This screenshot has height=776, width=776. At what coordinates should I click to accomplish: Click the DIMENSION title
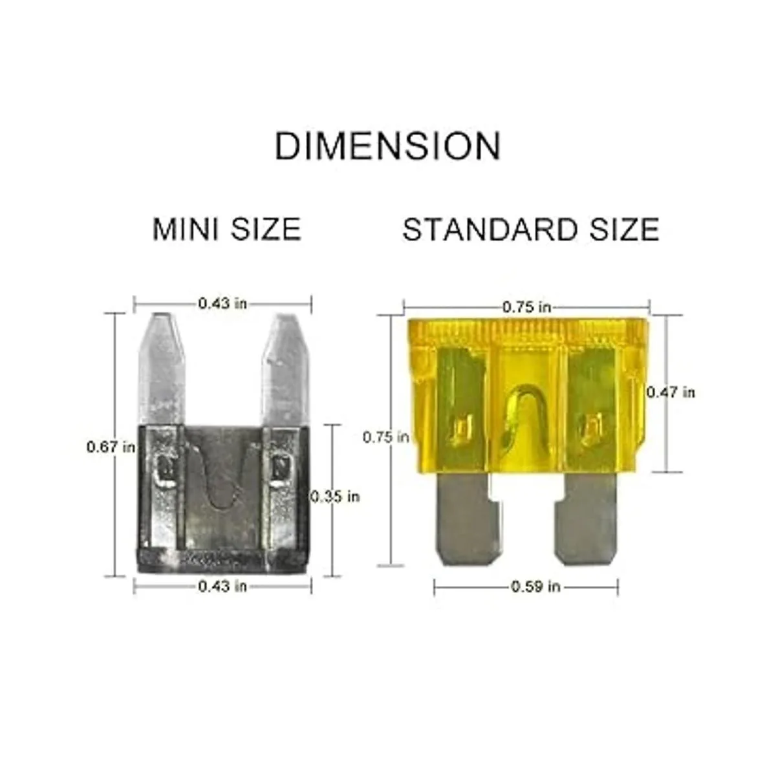pyautogui.click(x=387, y=145)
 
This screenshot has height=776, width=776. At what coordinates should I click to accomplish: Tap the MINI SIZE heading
pyautogui.click(x=227, y=230)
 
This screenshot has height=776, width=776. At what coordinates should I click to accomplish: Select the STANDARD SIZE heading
pyautogui.click(x=531, y=230)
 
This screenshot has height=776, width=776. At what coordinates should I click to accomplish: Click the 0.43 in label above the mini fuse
pyautogui.click(x=222, y=303)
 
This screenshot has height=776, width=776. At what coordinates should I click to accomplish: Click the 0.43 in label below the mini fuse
pyautogui.click(x=222, y=587)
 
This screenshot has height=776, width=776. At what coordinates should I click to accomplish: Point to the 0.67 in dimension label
pyautogui.click(x=111, y=447)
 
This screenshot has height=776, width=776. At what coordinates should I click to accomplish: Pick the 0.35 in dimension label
pyautogui.click(x=335, y=497)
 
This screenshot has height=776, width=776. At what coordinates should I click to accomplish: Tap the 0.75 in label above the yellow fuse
pyautogui.click(x=527, y=307)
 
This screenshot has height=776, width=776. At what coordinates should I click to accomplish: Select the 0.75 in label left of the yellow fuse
pyautogui.click(x=386, y=437)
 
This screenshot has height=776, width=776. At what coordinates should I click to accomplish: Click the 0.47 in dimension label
pyautogui.click(x=671, y=393)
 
